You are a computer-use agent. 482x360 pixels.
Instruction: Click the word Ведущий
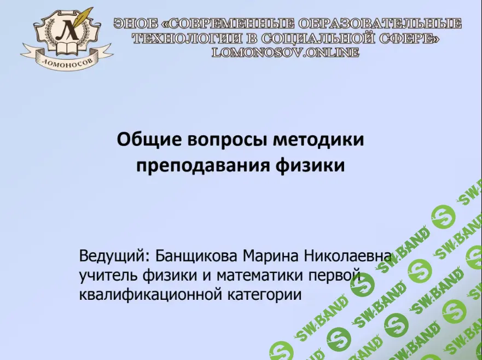click(114, 256)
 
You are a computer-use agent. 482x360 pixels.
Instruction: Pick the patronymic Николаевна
click(349, 256)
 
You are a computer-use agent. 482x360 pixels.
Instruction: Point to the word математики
click(260, 275)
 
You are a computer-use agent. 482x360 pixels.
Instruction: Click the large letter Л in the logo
click(67, 30)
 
